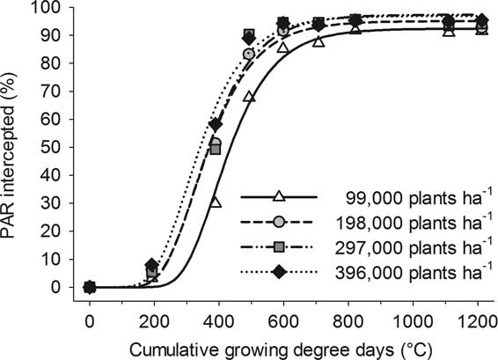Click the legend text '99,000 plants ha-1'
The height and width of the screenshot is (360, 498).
(x=406, y=198)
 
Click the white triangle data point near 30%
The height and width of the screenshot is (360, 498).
(x=216, y=202)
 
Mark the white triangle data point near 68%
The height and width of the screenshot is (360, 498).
(x=249, y=96)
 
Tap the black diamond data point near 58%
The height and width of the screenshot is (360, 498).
(x=216, y=124)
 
